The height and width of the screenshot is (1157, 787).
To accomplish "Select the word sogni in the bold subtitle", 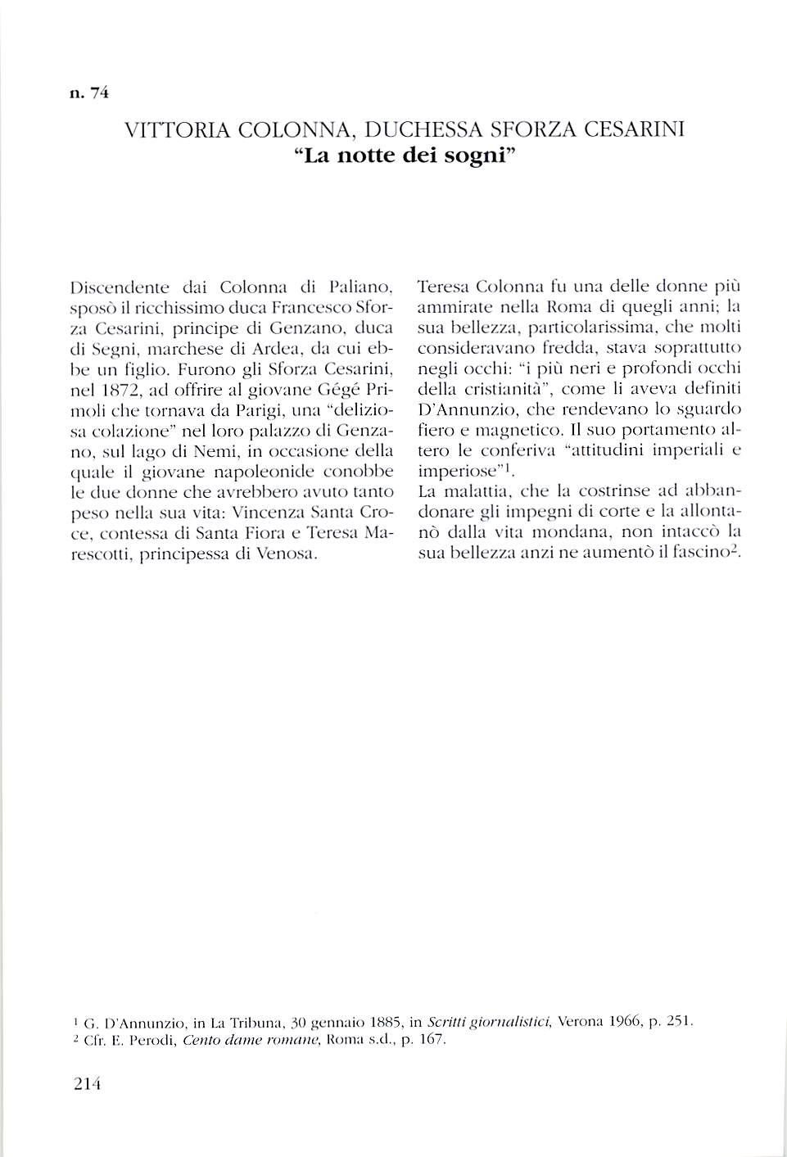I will coord(476,156).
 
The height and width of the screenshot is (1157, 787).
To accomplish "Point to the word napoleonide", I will coord(265,472).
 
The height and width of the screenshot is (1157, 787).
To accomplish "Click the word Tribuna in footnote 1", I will coord(254,1022).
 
